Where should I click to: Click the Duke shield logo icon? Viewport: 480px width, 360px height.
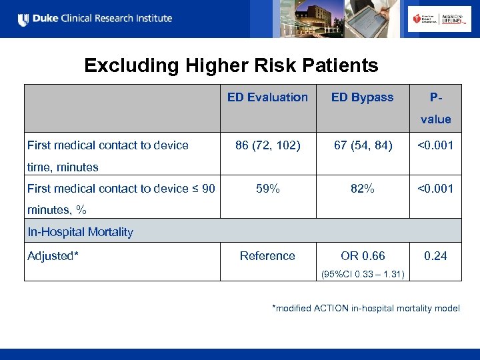[23, 19]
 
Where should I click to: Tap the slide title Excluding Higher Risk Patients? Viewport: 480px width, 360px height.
[231, 65]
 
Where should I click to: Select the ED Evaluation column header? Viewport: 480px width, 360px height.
[267, 97]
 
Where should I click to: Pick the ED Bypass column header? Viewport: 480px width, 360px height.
[362, 97]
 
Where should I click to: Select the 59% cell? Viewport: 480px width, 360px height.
[267, 189]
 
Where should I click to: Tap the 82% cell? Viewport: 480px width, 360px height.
[362, 189]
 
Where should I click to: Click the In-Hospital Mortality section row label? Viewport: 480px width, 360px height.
[80, 232]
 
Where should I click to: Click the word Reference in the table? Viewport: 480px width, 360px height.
[267, 256]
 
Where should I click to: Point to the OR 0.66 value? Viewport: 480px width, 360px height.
[363, 256]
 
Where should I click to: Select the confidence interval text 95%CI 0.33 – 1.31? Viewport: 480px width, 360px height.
[363, 273]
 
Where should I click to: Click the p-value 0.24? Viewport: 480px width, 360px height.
[435, 256]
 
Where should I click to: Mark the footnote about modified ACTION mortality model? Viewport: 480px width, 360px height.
[365, 308]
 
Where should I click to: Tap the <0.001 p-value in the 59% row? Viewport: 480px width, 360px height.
[435, 189]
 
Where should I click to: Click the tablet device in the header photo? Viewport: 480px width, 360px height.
[363, 19]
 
